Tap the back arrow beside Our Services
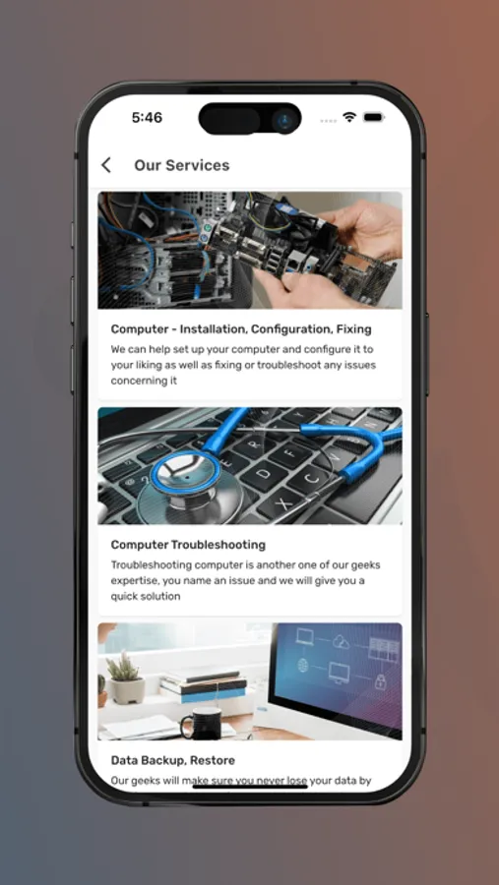click(x=105, y=165)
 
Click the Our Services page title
click(x=181, y=165)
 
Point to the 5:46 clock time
click(x=147, y=117)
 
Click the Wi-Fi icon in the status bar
click(x=349, y=117)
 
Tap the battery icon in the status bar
click(x=374, y=117)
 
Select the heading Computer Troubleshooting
click(x=188, y=545)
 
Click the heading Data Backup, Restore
click(x=173, y=760)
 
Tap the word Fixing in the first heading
click(x=352, y=328)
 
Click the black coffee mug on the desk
click(x=201, y=723)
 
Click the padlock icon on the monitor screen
click(x=381, y=680)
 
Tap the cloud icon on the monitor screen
click(x=342, y=641)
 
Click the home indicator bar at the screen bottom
click(x=250, y=786)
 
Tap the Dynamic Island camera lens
click(x=283, y=120)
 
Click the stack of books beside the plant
click(x=204, y=685)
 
